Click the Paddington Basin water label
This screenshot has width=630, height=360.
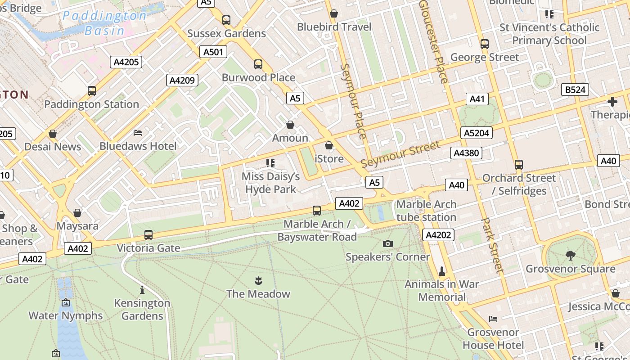(x=104, y=23)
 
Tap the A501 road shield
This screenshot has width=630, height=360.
(x=213, y=52)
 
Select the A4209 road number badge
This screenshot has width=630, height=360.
(x=182, y=81)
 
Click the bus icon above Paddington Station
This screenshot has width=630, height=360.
(x=92, y=91)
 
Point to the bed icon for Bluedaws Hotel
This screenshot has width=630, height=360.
(x=138, y=133)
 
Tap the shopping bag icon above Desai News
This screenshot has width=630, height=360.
(x=53, y=134)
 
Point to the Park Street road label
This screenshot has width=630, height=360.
(x=492, y=246)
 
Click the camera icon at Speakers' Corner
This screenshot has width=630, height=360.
(x=387, y=244)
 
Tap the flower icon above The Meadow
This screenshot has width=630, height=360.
(x=258, y=281)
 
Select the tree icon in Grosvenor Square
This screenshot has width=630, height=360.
(x=570, y=256)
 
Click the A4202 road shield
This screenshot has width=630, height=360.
(x=438, y=235)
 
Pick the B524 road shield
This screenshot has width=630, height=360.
(x=576, y=90)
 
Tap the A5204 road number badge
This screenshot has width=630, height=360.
(x=477, y=133)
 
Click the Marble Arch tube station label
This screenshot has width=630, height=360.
(x=426, y=211)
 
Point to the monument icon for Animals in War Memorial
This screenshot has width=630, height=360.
(x=442, y=271)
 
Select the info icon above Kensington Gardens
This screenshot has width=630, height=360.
(x=142, y=290)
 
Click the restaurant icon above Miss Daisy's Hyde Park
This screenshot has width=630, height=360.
(x=270, y=163)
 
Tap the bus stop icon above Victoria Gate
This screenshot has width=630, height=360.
(x=148, y=235)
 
